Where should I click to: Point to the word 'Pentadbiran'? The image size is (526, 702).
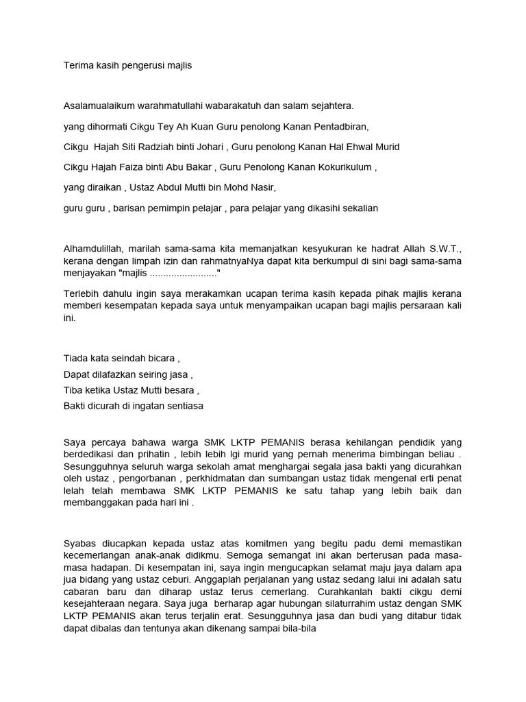(338, 127)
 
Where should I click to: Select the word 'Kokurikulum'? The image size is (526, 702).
(345, 167)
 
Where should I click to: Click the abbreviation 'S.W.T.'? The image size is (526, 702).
(442, 248)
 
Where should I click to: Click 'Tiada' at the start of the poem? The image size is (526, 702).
(75, 359)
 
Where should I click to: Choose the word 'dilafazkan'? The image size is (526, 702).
(115, 374)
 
